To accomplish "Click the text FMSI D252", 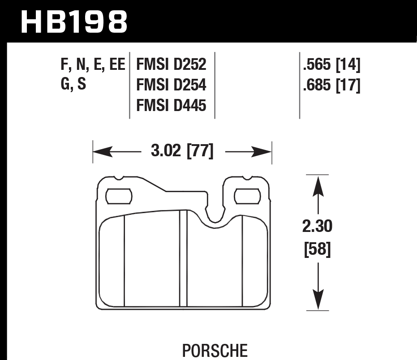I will pos(172,65).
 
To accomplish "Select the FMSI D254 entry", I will pos(172,85).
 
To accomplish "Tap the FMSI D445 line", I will pos(172,106).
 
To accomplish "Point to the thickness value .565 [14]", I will pos(332,65).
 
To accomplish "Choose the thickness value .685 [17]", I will pos(332,85).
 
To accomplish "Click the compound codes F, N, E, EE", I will pos(92,65).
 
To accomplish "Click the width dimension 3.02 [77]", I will pos(182,152).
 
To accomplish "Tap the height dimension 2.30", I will pos(318,227).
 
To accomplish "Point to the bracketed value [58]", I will pos(318,249).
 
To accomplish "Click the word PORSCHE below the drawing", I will pos(215,349).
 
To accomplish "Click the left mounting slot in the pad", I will pos(118,196).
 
